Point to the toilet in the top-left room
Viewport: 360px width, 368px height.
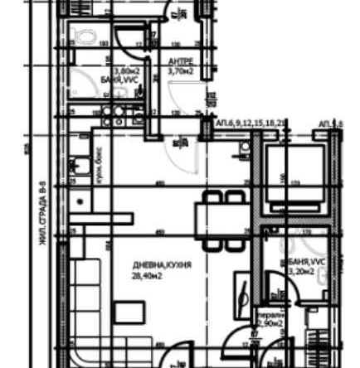pyautogui.click(x=84, y=35)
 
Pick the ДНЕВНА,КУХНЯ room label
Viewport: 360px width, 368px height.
pyautogui.click(x=162, y=265)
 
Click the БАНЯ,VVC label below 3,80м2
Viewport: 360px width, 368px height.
pyautogui.click(x=124, y=80)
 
